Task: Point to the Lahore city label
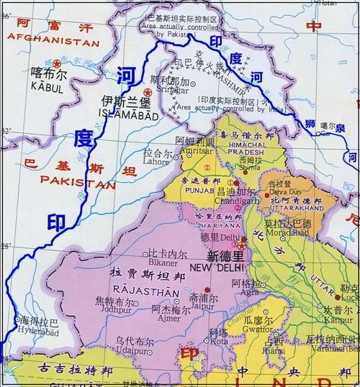(x=157, y=163)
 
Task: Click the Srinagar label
(x=173, y=91)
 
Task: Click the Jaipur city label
(x=200, y=304)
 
